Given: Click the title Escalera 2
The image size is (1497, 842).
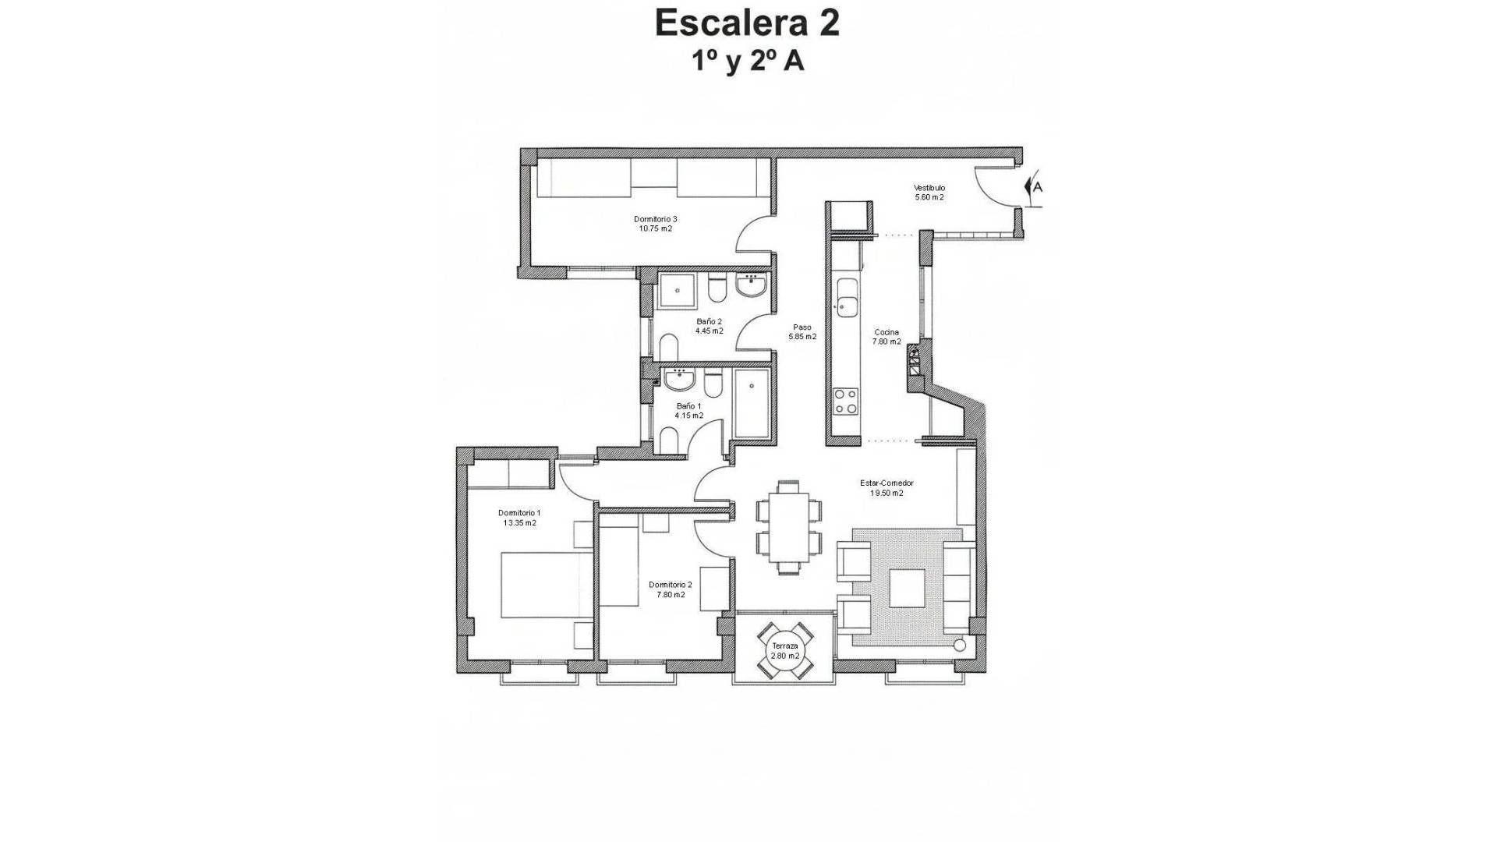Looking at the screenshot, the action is (747, 23).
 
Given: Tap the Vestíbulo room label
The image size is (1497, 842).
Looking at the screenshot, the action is (929, 193).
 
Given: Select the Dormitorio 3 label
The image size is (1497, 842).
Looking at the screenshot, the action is (655, 224).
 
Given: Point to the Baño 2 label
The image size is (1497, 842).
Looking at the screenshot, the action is (709, 326).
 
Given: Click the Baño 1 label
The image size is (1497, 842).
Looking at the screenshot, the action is (688, 411).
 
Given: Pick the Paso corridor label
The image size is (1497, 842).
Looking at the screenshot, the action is (802, 332).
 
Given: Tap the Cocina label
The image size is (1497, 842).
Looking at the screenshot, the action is (887, 337).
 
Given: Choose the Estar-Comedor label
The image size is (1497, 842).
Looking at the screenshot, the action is (887, 488).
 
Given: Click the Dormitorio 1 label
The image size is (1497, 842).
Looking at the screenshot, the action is (519, 518).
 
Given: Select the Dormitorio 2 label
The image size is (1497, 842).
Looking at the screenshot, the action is (671, 589).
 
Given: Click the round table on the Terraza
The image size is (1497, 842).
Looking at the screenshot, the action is (785, 651).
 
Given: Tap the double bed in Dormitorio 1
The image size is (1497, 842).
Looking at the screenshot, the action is (547, 585).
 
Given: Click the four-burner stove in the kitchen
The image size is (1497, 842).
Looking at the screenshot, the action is (846, 401).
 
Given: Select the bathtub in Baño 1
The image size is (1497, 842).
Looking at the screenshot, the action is (752, 403).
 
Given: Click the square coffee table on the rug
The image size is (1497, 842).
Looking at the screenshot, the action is (907, 588).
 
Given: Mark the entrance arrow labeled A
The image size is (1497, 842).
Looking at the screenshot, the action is (1034, 187).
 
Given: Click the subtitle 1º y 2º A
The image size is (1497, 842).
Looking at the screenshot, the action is (748, 62).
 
